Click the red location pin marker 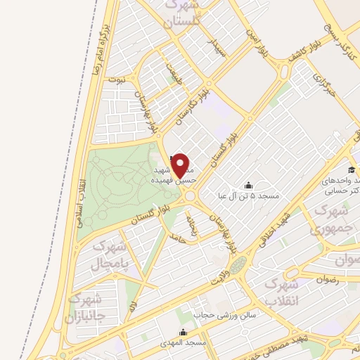[182, 165]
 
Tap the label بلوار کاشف [300, 53]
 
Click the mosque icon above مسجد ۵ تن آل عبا [247, 186]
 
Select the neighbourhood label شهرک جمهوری [328, 219]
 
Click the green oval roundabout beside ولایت [238, 265]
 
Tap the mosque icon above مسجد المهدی [184, 332]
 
